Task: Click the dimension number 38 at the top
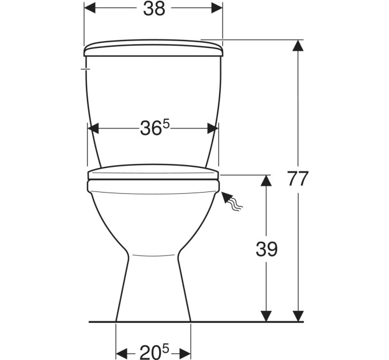point(154,9)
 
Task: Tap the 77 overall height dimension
point(298,178)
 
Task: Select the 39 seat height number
point(267,249)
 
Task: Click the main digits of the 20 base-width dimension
point(150,352)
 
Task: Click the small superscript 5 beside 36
point(166,125)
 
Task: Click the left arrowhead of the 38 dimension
point(90,8)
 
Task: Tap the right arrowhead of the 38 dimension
point(217,8)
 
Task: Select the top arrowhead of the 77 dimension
point(298,46)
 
